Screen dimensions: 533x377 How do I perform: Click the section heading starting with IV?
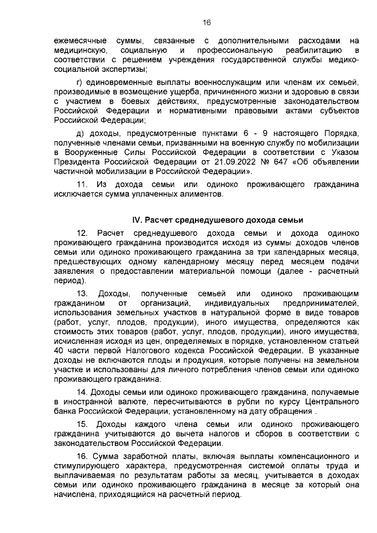(217, 220)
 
